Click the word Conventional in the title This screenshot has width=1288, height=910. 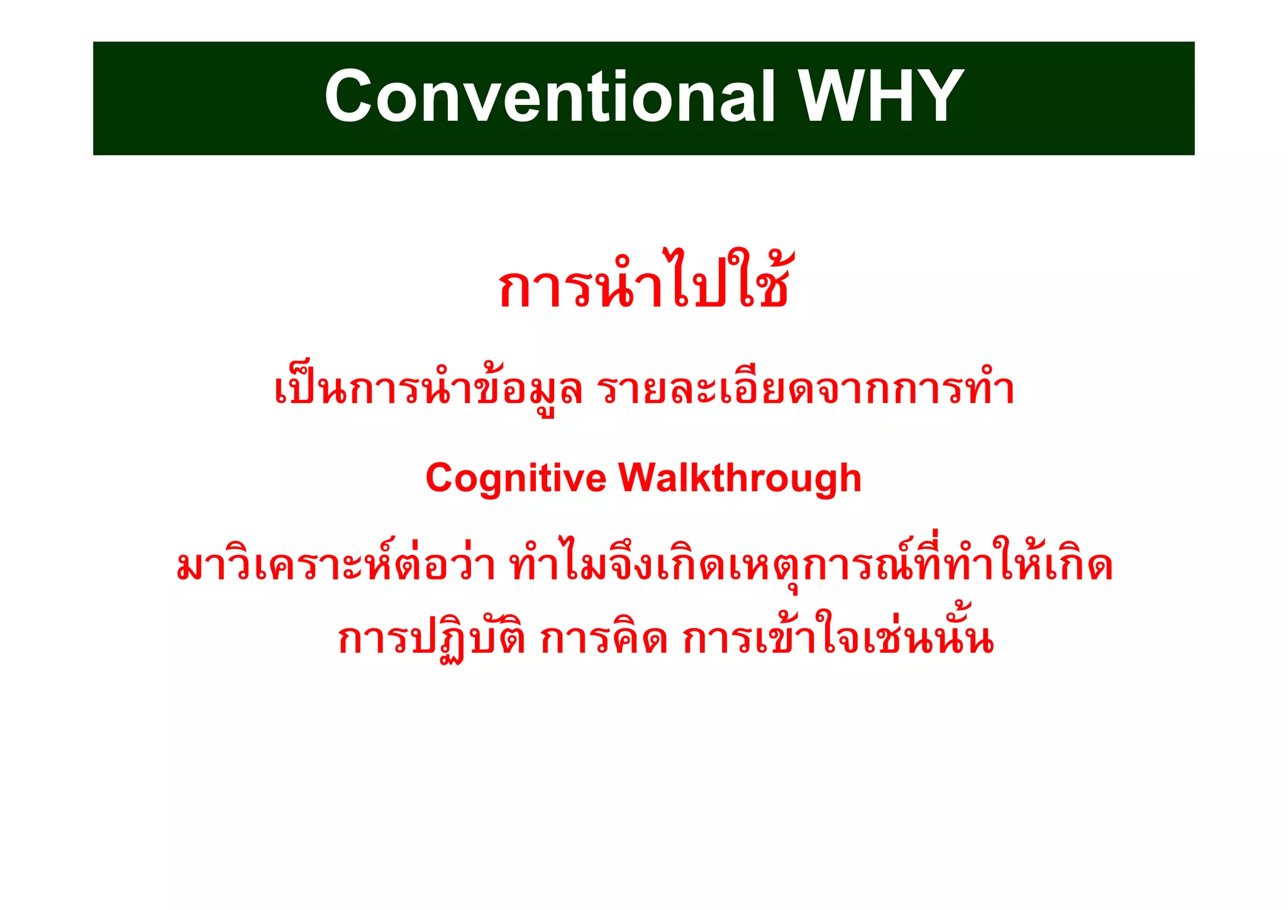tap(550, 97)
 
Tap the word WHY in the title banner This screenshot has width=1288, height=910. tap(881, 97)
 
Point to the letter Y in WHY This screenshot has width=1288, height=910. tap(938, 97)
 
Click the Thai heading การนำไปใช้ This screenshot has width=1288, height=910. tap(643, 283)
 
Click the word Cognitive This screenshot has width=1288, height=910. tap(516, 479)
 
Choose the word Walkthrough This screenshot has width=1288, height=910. tap(740, 479)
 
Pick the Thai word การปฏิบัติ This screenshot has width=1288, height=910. tap(431, 639)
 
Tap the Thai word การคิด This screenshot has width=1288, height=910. tap(604, 639)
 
